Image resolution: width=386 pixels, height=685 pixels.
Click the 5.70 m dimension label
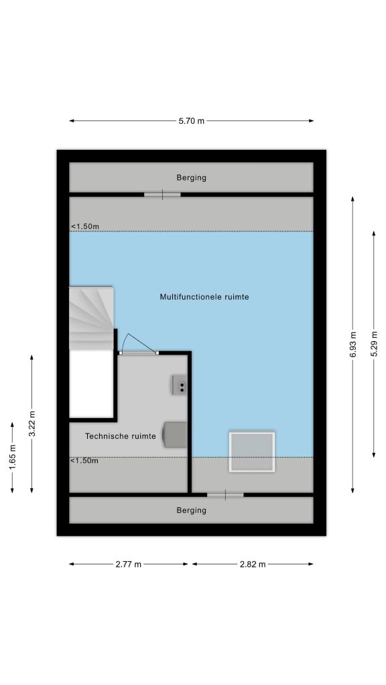point(191,121)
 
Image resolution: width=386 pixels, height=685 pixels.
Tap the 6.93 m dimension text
point(352,345)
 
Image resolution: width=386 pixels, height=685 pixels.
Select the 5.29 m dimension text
point(374,345)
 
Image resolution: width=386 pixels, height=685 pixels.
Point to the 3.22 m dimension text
point(31,424)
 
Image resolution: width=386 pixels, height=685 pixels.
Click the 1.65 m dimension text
point(12,458)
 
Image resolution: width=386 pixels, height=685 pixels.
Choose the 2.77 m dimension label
point(129,564)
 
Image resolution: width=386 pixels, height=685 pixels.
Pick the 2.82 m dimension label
point(253,564)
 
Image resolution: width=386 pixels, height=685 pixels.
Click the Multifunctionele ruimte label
point(204,297)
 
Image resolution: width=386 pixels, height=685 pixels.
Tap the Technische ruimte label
point(121,436)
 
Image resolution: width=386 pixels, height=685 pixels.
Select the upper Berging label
point(191,178)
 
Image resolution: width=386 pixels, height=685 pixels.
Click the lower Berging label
point(191,510)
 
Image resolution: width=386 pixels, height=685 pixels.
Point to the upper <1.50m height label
point(85,226)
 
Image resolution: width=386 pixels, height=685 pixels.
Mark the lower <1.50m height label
point(84,460)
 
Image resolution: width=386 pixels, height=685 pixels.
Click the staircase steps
point(91,318)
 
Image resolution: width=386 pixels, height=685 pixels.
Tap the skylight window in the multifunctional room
point(252,452)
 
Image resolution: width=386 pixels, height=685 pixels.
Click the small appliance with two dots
point(180,385)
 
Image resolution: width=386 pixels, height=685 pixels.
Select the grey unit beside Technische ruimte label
point(175,435)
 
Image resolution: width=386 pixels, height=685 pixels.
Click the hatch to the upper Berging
point(162,195)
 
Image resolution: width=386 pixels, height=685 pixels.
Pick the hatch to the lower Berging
point(225,495)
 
